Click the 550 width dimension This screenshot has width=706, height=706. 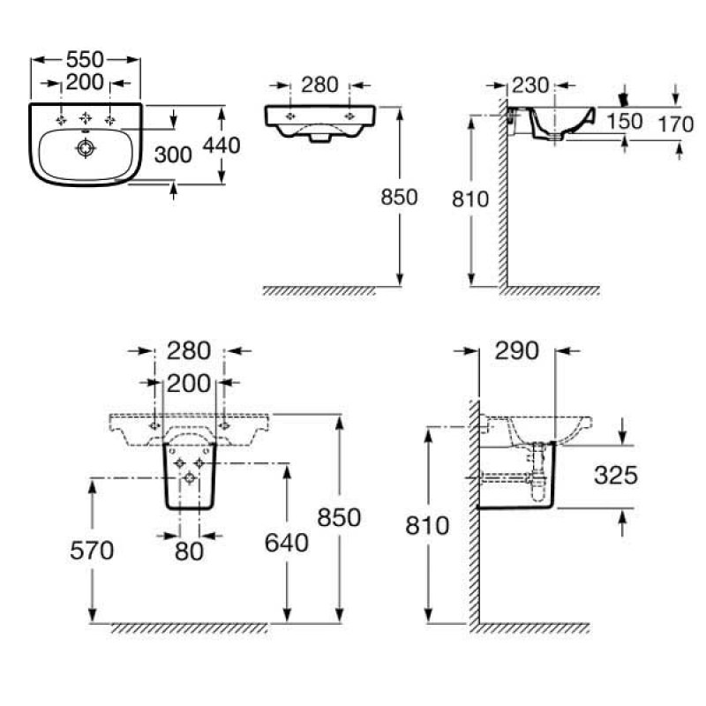[x=86, y=60]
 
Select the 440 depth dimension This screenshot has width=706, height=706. [x=222, y=146]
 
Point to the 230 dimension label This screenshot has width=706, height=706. [x=529, y=85]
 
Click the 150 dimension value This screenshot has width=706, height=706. [x=625, y=123]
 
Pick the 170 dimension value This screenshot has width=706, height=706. [x=676, y=124]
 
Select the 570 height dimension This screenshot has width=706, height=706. [x=92, y=551]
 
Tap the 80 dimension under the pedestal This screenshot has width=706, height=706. [x=188, y=552]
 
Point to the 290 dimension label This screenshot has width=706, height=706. [x=516, y=350]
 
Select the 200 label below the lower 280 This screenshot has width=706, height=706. [x=188, y=382]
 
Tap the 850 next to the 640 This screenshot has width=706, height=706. [x=340, y=518]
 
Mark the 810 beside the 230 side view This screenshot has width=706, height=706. [x=470, y=199]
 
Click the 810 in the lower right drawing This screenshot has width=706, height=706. [x=428, y=527]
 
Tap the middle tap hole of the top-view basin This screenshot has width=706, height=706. [x=86, y=117]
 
